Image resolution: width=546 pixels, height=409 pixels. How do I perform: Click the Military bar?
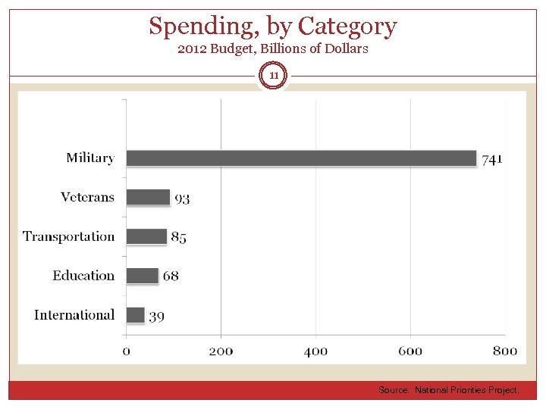(301, 158)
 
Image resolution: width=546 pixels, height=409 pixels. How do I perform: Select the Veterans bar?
(148, 197)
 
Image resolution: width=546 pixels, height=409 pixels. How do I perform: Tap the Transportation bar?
(146, 236)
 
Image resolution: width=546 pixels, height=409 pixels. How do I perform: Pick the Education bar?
(142, 276)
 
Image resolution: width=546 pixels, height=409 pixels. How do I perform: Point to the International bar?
(135, 314)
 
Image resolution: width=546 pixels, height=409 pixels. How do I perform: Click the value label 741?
(491, 159)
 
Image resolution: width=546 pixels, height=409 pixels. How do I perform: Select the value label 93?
(182, 198)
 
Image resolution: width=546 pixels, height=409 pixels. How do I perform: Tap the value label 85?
(178, 237)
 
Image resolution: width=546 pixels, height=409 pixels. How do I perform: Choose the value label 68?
(171, 276)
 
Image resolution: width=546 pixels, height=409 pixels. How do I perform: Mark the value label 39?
(156, 316)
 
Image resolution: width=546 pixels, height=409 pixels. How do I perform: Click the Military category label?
(89, 158)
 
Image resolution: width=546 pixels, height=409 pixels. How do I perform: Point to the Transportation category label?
(68, 236)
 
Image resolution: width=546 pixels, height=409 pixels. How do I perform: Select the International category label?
(74, 314)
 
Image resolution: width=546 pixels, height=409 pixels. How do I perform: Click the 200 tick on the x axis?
(221, 351)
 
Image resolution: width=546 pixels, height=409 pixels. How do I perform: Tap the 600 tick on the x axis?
(410, 351)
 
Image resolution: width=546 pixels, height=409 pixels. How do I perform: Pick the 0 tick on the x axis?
(126, 351)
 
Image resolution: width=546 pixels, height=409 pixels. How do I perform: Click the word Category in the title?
(347, 27)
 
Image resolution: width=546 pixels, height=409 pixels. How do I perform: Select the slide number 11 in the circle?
(274, 76)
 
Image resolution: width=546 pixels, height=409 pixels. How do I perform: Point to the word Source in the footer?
(394, 390)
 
